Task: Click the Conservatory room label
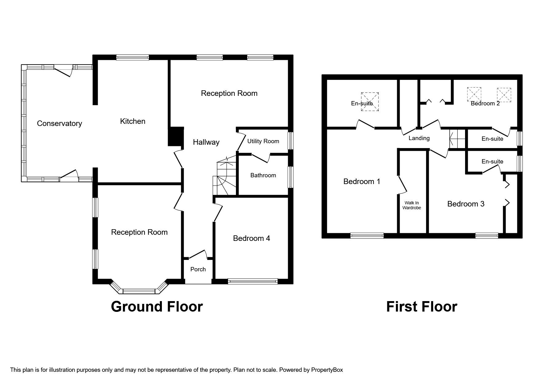59,124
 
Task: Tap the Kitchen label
132,121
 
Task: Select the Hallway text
206,142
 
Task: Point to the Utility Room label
263,141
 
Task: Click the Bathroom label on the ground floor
263,175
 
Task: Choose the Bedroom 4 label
251,238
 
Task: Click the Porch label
198,269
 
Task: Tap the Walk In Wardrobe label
412,205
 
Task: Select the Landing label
419,138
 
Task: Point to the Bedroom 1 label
362,182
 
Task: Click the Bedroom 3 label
466,204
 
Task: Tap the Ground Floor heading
157,307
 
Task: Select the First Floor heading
421,307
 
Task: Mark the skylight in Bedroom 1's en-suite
370,101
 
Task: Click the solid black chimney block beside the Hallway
176,136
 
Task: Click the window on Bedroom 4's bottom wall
252,281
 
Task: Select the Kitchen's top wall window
132,57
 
